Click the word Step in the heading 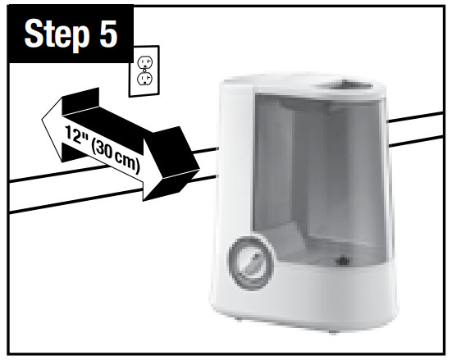(x=57, y=34)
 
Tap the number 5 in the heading (x=108, y=34)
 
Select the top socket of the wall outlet (x=144, y=62)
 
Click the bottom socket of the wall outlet (x=145, y=79)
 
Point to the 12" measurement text (x=75, y=134)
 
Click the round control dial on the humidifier (x=251, y=264)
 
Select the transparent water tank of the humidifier (x=319, y=179)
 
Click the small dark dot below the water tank (x=342, y=261)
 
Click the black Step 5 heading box (x=71, y=34)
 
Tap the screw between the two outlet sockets (x=144, y=71)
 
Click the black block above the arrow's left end (x=81, y=102)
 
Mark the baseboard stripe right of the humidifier (x=416, y=129)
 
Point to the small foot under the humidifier (x=334, y=332)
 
